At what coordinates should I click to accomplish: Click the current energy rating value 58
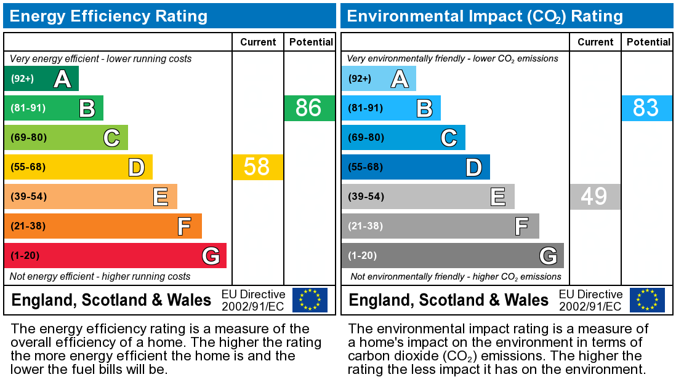[257, 167]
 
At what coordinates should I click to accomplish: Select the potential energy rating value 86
[309, 108]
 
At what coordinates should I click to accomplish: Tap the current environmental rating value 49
[594, 197]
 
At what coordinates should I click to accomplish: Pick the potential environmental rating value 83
[646, 108]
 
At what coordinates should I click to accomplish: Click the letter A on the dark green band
[62, 79]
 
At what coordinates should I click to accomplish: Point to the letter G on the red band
[211, 256]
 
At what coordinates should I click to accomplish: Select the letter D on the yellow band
[136, 167]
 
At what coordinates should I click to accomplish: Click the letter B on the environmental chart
[424, 108]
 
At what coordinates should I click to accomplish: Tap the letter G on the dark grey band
[548, 256]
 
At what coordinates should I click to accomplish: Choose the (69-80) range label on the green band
[28, 138]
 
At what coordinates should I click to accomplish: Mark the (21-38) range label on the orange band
[28, 226]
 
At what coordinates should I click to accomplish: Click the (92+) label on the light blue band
[360, 79]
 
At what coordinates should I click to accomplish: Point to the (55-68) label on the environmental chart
[366, 167]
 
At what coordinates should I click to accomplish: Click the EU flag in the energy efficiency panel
[310, 300]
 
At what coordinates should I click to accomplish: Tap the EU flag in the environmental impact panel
[647, 300]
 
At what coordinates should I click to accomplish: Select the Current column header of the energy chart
[258, 42]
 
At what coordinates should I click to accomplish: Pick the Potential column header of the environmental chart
[648, 42]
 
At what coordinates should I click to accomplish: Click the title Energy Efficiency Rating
[108, 16]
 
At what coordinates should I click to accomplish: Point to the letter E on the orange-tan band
[161, 197]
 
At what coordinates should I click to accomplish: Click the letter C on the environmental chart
[449, 138]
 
